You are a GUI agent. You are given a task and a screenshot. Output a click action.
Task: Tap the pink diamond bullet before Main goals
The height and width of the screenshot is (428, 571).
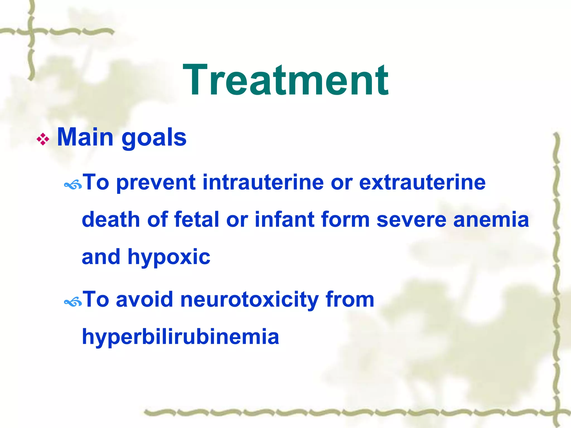click(43, 139)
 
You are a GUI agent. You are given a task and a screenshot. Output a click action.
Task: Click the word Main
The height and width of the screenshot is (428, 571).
click(85, 137)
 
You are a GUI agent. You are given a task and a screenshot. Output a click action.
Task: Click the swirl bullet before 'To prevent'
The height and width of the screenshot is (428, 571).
click(73, 185)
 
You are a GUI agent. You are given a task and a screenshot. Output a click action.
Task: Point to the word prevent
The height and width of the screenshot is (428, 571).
click(156, 183)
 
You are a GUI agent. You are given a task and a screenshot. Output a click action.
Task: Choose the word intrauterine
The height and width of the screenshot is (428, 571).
click(263, 183)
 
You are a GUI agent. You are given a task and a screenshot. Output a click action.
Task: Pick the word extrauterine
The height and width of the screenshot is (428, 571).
click(422, 183)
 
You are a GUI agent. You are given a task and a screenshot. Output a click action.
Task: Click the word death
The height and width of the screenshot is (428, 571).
click(111, 220)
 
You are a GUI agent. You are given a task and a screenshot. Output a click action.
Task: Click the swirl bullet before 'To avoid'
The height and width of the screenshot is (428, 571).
click(73, 302)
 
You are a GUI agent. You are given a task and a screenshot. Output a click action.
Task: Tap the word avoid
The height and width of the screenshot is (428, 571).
click(144, 300)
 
